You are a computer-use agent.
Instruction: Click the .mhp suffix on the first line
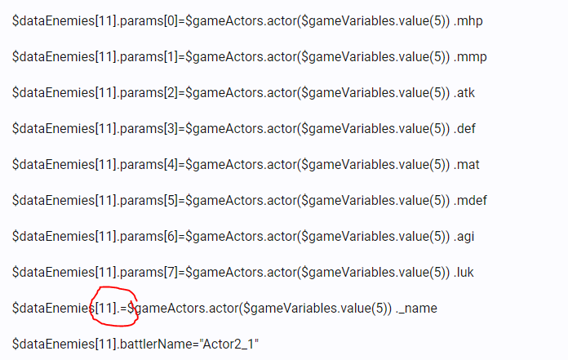(468, 21)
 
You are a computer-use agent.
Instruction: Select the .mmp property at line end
(470, 57)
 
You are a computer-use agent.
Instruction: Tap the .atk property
(464, 93)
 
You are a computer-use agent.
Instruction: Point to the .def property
(464, 129)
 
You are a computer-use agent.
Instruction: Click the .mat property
(467, 164)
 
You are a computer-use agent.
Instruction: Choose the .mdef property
(470, 200)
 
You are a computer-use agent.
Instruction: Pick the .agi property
(464, 237)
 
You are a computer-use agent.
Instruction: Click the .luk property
(464, 272)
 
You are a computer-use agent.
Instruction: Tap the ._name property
(416, 309)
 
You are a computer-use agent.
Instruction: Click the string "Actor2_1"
(229, 344)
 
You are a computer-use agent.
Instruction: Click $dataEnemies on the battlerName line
(53, 344)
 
